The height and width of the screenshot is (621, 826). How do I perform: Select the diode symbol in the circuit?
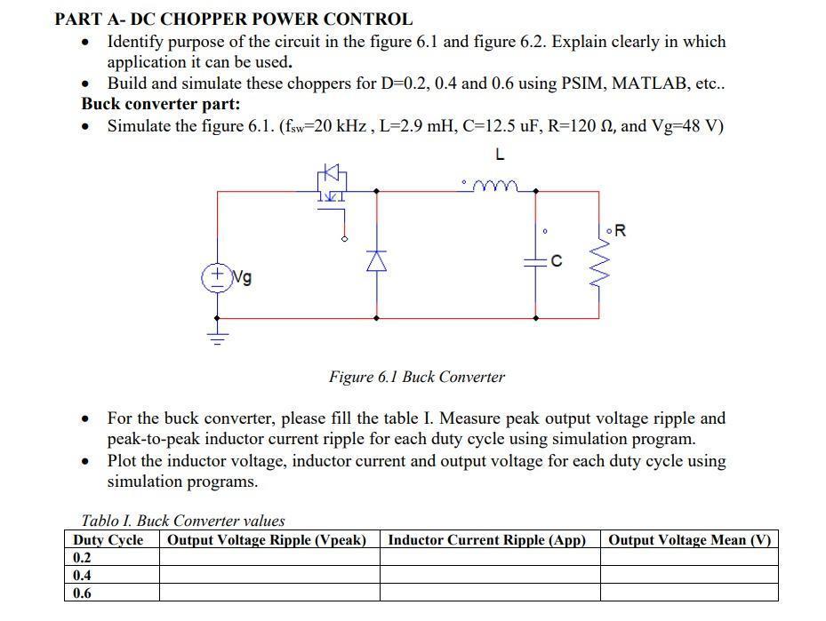click(377, 259)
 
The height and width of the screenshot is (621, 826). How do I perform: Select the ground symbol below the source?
click(217, 336)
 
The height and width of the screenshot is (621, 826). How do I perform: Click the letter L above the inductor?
click(500, 155)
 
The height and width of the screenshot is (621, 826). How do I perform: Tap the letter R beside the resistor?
click(620, 231)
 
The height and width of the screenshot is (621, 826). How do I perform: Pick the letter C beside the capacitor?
click(556, 261)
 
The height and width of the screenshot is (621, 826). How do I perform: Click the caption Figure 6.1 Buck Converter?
click(416, 377)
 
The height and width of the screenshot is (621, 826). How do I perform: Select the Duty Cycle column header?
click(108, 540)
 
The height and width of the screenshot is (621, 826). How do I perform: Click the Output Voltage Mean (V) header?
click(689, 540)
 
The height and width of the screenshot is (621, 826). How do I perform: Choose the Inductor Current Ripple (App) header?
click(487, 540)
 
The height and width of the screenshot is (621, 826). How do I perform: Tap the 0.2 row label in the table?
click(82, 558)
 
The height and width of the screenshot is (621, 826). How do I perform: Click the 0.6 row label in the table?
click(82, 593)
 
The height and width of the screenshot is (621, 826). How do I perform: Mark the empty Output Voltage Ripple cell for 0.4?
click(269, 576)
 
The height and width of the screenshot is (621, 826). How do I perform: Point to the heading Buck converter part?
click(161, 104)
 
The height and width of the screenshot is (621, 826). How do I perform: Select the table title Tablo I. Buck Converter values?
click(182, 521)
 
